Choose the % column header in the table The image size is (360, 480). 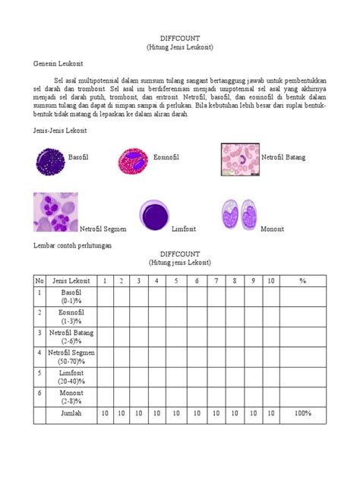pyautogui.click(x=303, y=280)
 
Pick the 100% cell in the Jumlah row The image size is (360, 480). pyautogui.click(x=303, y=413)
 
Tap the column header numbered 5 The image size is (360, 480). pyautogui.click(x=176, y=280)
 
